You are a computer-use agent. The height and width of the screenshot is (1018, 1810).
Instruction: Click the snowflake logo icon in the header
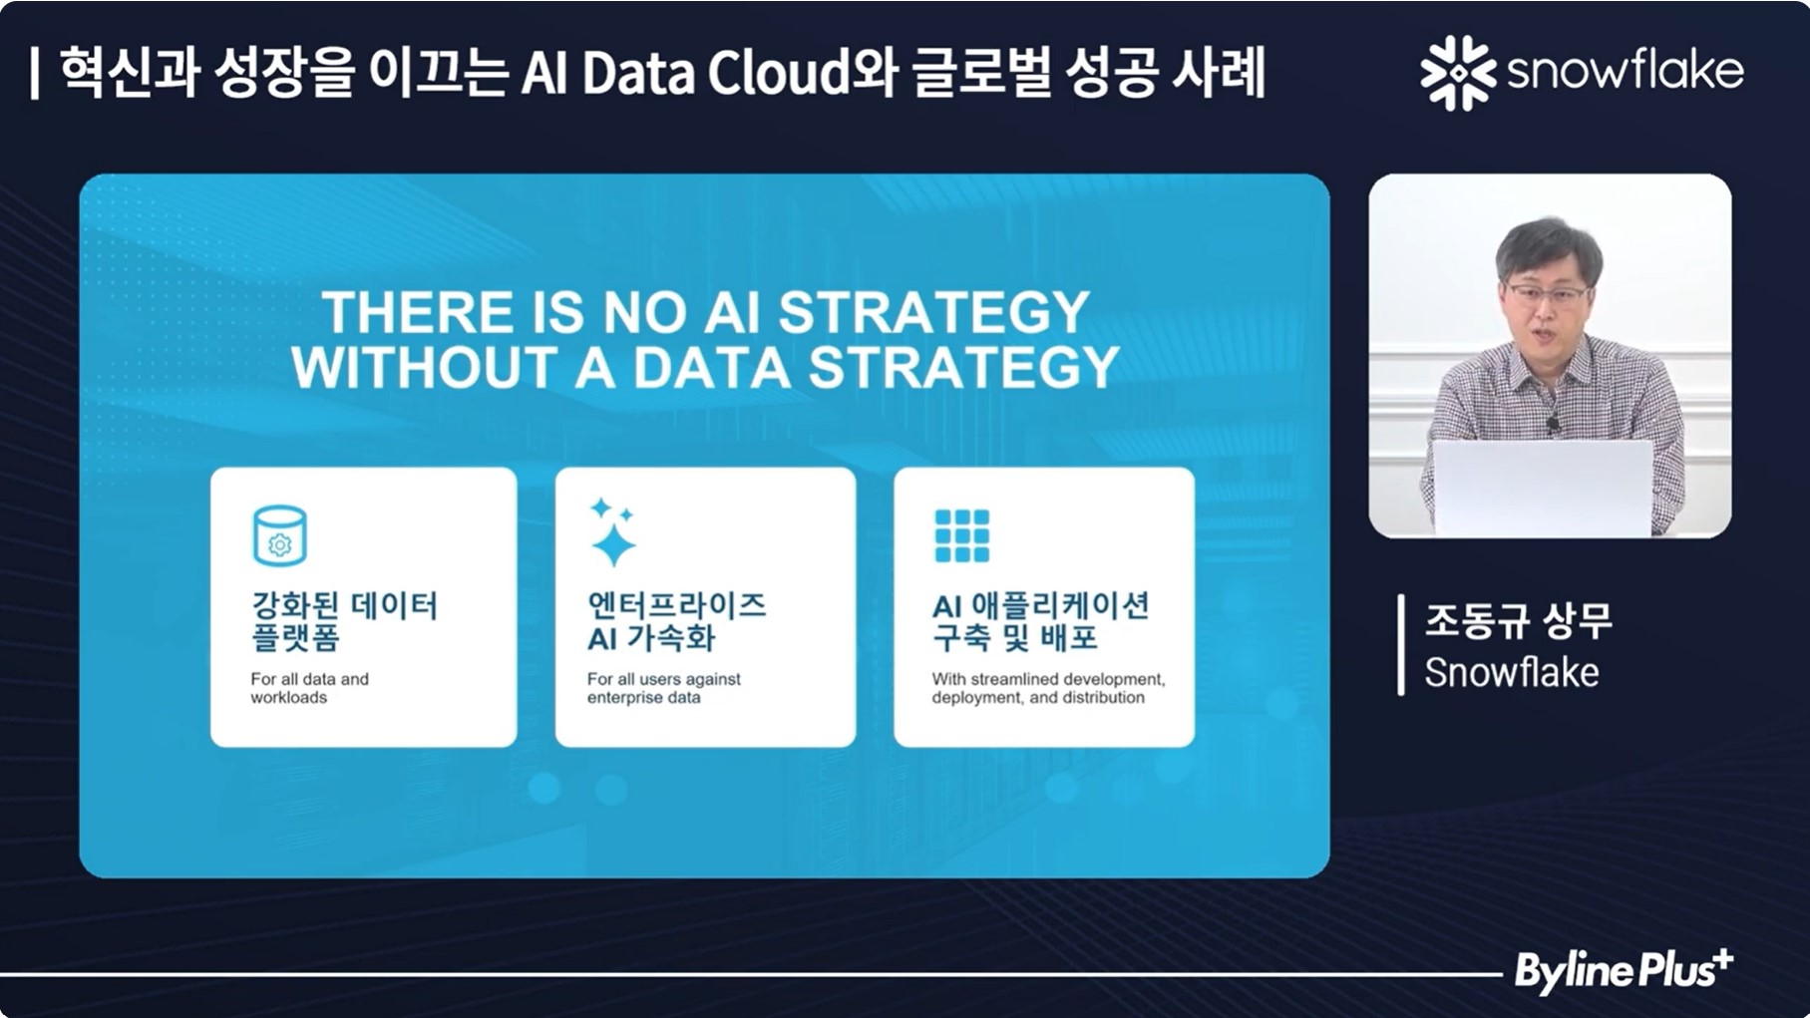tap(1458, 72)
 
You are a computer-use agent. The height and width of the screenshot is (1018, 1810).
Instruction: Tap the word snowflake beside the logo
tap(1626, 71)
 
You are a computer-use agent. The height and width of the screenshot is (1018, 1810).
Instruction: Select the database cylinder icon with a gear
tap(279, 535)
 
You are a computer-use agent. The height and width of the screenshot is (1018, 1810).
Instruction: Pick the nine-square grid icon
tap(961, 535)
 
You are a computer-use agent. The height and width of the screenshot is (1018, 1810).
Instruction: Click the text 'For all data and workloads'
tap(309, 688)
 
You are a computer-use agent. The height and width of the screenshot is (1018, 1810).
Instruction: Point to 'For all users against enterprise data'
tap(663, 688)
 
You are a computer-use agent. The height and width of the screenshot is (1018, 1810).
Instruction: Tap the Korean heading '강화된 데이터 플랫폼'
tap(344, 620)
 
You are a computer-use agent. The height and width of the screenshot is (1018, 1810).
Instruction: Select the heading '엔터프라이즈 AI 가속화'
tap(676, 620)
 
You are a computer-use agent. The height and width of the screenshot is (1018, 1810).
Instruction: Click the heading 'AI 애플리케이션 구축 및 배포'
tap(1040, 620)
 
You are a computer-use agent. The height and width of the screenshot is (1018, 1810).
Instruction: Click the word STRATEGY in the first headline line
tap(933, 312)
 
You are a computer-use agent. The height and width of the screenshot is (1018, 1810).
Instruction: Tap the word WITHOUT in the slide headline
tap(425, 367)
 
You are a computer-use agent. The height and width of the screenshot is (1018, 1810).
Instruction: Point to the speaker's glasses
tap(1546, 294)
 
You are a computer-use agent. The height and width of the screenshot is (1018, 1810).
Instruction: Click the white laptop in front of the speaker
tap(1543, 488)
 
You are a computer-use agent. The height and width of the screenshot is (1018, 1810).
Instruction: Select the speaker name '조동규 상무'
tap(1518, 621)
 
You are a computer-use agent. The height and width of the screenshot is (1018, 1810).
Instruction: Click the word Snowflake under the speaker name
tap(1511, 673)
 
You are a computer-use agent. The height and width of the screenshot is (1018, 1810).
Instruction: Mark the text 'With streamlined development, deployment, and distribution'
tap(1048, 688)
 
